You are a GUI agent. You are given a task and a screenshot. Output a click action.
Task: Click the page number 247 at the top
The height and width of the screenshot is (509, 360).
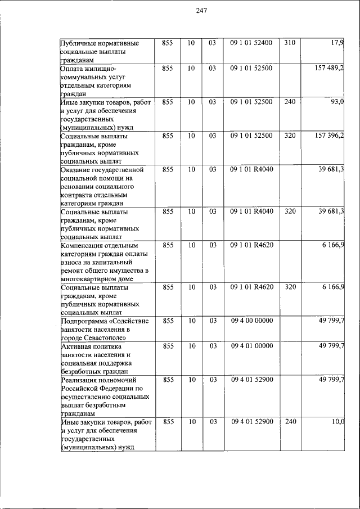202,10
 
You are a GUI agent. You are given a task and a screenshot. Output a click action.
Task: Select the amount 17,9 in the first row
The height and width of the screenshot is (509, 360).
337,43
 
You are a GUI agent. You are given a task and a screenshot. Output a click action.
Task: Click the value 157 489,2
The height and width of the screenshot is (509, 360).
329,68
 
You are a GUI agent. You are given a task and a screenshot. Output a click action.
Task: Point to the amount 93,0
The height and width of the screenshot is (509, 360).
337,102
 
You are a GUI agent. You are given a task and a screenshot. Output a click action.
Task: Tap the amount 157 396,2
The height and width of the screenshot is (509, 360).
329,136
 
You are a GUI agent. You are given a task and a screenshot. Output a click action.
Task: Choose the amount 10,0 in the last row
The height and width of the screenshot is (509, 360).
337,421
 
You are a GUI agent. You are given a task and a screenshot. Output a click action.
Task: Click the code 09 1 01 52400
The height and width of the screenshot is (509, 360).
251,43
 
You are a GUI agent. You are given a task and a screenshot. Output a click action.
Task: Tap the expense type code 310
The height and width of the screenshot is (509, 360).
289,43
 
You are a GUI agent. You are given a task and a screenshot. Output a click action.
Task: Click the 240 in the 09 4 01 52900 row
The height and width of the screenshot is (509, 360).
289,421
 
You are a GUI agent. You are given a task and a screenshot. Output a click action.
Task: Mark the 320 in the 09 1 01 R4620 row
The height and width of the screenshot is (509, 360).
289,287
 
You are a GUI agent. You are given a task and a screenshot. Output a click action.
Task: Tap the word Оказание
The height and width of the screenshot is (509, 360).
76,169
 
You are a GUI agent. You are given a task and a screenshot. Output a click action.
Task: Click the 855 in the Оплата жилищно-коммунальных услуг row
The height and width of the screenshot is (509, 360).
167,68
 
